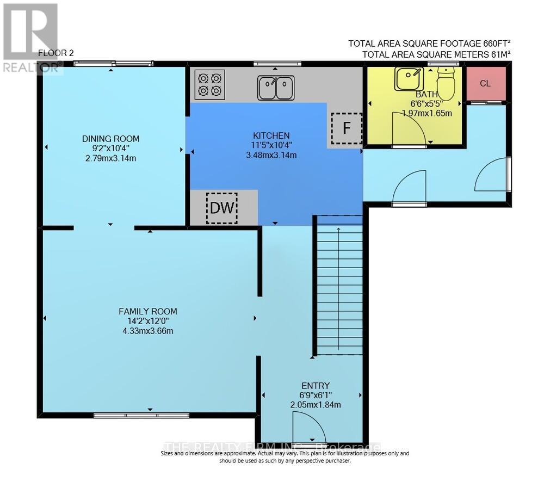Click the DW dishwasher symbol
[x=221, y=208]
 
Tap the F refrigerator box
[x=347, y=128]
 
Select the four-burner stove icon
[x=211, y=84]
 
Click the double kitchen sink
[x=276, y=88]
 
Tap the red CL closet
[x=486, y=83]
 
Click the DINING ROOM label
[x=111, y=138]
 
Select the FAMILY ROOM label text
[x=148, y=311]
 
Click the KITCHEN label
[x=271, y=135]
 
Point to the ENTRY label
[x=318, y=386]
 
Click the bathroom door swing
[x=409, y=128]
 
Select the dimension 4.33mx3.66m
[x=148, y=331]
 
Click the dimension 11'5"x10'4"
[x=271, y=145]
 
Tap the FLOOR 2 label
[x=56, y=53]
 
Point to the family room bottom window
[x=141, y=415]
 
